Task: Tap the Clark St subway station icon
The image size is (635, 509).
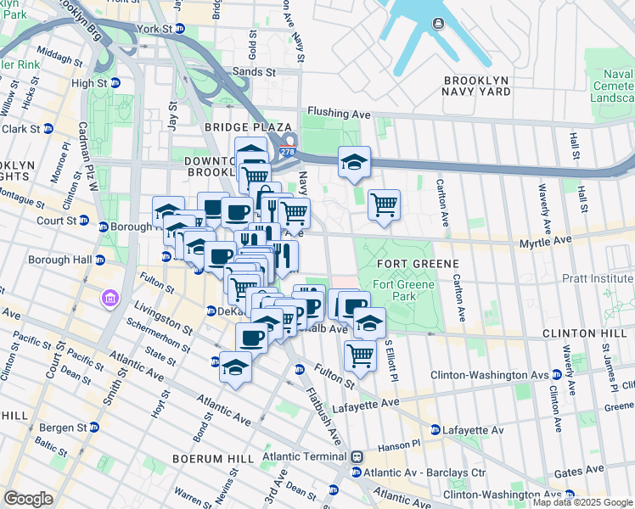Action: [x=48, y=129]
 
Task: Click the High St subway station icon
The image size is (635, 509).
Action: [x=115, y=83]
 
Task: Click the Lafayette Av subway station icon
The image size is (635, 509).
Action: [x=436, y=430]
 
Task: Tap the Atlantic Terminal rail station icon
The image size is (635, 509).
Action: [x=357, y=456]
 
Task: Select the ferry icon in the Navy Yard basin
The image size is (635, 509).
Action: [x=438, y=23]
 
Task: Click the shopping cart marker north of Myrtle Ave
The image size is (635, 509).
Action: [x=384, y=204]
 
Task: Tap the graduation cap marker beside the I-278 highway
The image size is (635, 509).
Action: [x=354, y=161]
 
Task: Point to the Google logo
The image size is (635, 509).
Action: [x=28, y=498]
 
